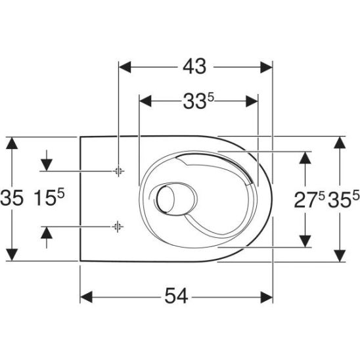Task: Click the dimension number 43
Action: (x=194, y=67)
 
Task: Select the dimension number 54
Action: (x=176, y=296)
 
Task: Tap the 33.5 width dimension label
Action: (x=198, y=101)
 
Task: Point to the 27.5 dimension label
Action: (x=309, y=199)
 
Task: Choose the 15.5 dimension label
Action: (x=49, y=197)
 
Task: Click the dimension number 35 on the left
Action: (x=12, y=198)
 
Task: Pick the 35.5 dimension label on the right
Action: (x=344, y=199)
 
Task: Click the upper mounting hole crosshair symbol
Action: (x=118, y=171)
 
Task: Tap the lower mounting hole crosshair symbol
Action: (x=118, y=227)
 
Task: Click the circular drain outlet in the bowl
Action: (x=166, y=199)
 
